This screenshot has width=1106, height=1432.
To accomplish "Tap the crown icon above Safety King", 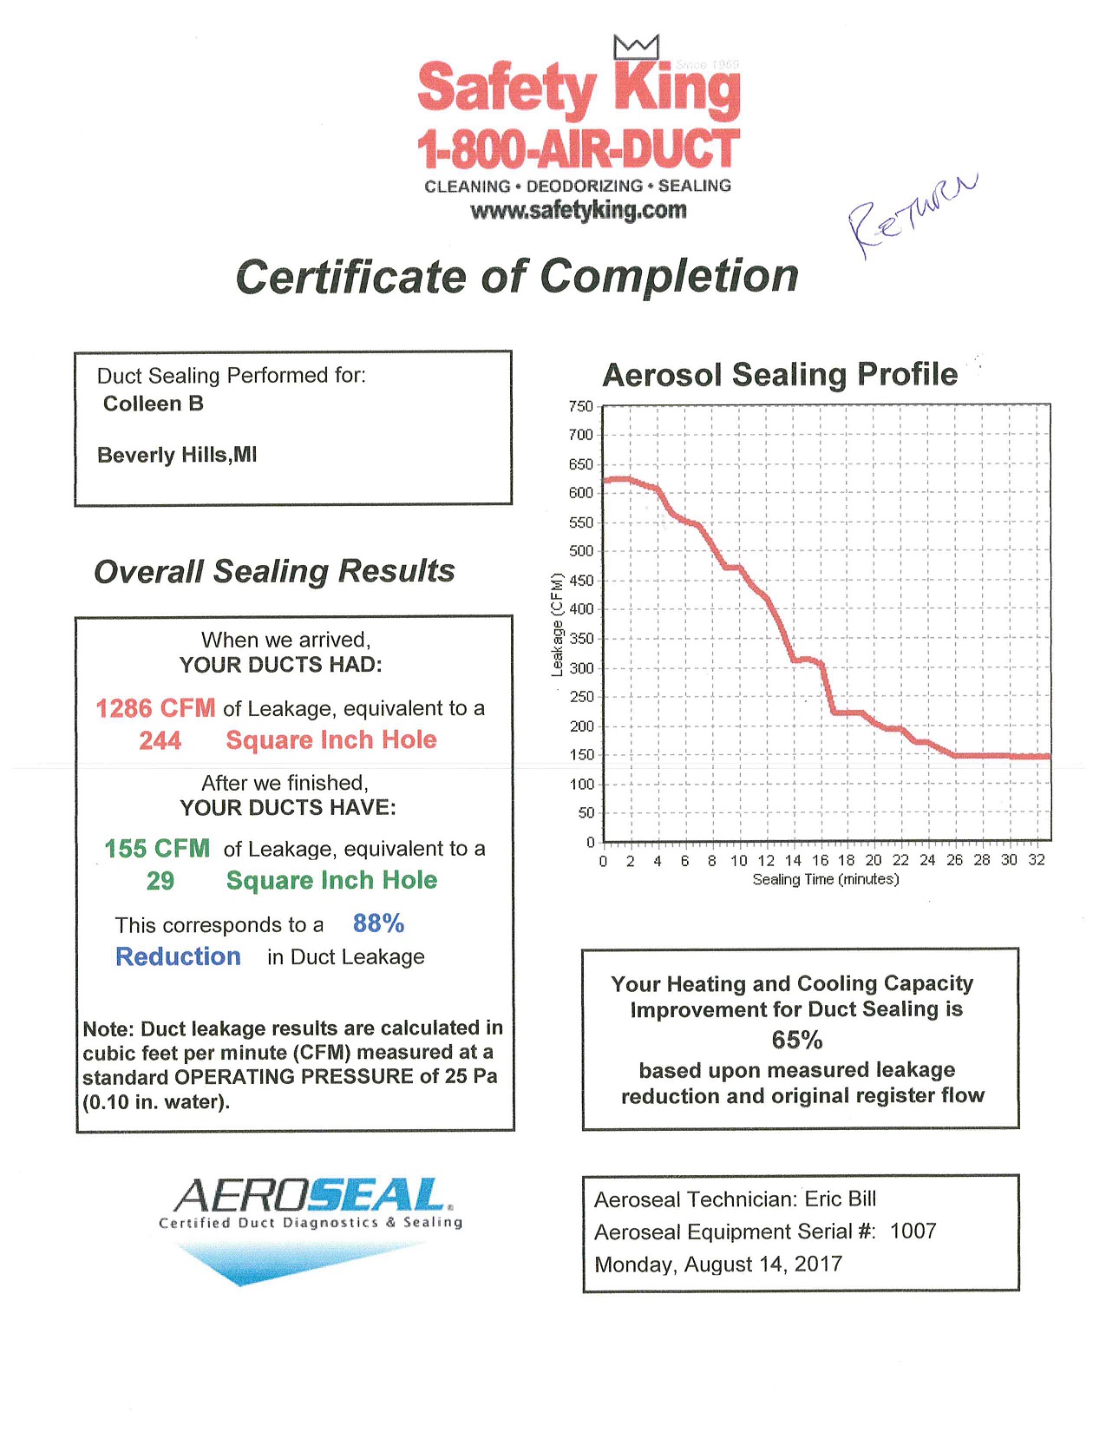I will click(x=636, y=47).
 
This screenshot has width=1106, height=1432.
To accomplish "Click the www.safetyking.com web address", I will click(x=578, y=211).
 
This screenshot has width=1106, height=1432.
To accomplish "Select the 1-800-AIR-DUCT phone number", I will click(x=578, y=149).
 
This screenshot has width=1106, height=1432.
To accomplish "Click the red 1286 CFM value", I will click(x=155, y=708).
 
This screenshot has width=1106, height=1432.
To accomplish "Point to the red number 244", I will click(x=160, y=740).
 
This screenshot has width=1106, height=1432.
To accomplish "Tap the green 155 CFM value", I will click(x=157, y=848).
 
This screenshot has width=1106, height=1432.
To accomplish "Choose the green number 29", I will click(x=160, y=881).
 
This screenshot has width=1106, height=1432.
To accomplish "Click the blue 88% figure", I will click(x=378, y=923).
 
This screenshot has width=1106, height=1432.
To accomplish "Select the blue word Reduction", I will click(x=178, y=956).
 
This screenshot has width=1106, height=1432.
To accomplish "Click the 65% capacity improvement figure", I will click(x=797, y=1040).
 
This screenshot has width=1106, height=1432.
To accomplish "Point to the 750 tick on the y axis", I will click(x=580, y=406).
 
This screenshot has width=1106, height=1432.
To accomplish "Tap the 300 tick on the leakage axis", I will click(x=580, y=668).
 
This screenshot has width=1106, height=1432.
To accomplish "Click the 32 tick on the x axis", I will click(x=1037, y=860).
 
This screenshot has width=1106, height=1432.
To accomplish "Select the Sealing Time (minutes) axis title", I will click(x=826, y=880).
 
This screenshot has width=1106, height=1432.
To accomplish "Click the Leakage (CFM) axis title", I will click(x=557, y=625).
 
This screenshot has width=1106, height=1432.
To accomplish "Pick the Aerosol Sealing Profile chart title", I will click(x=780, y=374).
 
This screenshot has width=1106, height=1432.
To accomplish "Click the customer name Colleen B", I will click(x=154, y=404).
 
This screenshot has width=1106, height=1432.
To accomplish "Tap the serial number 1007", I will click(x=913, y=1231).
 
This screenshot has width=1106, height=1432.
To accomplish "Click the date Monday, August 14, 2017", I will click(x=718, y=1264).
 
